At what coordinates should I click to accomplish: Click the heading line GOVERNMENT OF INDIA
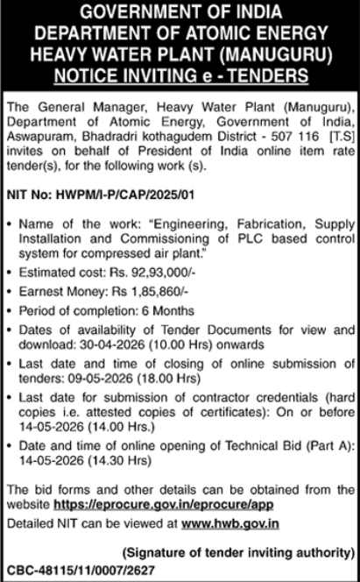(x=180, y=13)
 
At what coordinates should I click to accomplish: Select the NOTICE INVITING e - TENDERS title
(x=180, y=74)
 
